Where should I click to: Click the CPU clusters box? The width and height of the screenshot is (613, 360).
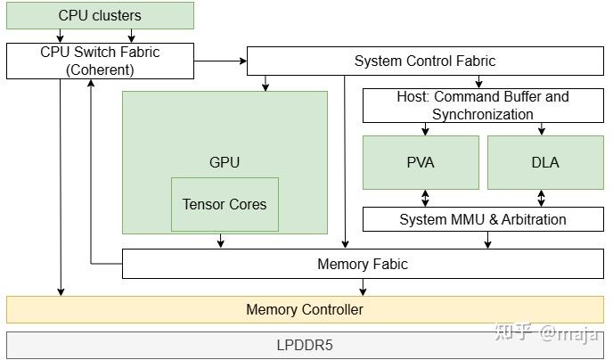click(x=100, y=15)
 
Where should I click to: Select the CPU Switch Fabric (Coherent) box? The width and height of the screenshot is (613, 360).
click(x=100, y=61)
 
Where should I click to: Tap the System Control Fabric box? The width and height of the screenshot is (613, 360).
click(x=424, y=61)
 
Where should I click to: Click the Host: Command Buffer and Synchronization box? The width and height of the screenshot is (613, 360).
click(x=482, y=105)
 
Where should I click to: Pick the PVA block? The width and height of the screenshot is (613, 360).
click(x=420, y=162)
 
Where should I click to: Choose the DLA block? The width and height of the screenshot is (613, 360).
click(x=544, y=162)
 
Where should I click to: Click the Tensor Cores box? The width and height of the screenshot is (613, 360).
click(x=225, y=204)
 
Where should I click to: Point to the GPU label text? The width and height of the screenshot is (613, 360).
click(x=225, y=162)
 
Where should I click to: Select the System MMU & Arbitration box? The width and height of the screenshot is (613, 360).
click(x=482, y=219)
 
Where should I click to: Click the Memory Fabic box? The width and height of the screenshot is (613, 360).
click(x=362, y=264)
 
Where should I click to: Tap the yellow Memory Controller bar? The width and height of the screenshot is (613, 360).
click(x=305, y=309)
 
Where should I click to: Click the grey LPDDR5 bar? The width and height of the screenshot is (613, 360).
click(x=305, y=344)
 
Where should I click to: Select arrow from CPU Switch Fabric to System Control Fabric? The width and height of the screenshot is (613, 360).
click(x=219, y=61)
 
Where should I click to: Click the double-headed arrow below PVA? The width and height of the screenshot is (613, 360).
click(x=425, y=198)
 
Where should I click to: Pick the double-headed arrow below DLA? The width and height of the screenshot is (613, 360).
click(x=540, y=198)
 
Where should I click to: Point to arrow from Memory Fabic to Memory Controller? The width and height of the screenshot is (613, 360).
click(x=362, y=287)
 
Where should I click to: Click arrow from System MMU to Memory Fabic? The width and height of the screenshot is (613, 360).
click(x=487, y=240)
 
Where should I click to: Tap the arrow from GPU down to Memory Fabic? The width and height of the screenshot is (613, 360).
click(x=220, y=241)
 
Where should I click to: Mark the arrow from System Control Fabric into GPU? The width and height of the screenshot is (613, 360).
click(x=265, y=83)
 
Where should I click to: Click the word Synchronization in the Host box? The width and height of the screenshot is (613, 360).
click(x=482, y=114)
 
